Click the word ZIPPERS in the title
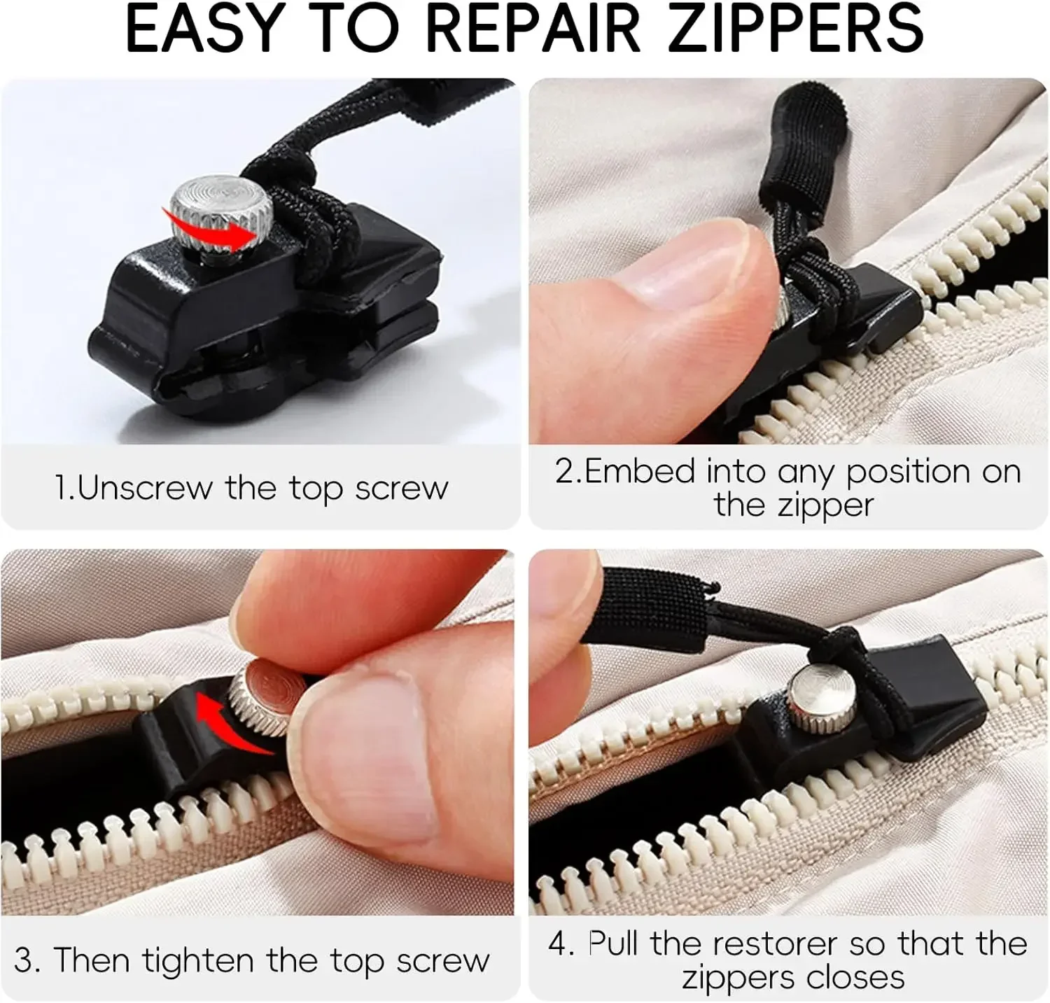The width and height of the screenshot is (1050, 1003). coord(796,29)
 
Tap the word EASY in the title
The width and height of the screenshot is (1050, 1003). coord(204,29)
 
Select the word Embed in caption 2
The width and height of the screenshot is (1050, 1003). coord(640,472)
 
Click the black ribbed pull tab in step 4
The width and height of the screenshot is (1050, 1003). coord(654,609)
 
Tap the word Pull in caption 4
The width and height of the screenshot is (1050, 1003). coord(612,944)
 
